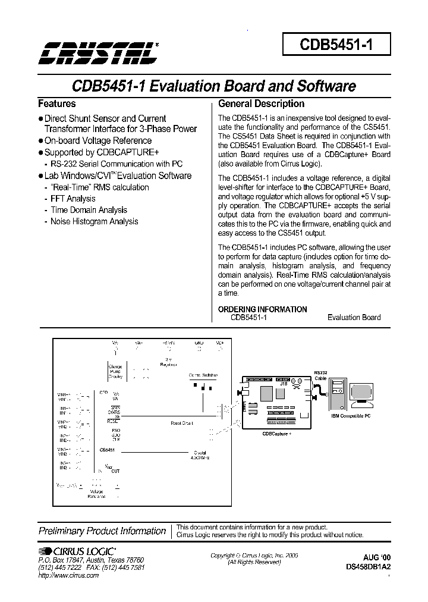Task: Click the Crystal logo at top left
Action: [x=99, y=52]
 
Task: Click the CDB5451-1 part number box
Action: [x=336, y=45]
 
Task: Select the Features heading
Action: [x=57, y=104]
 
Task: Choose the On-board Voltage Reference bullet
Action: [x=98, y=141]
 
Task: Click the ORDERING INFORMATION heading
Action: [x=262, y=309]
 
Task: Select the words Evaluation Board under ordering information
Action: [x=354, y=318]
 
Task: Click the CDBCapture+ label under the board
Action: [x=276, y=434]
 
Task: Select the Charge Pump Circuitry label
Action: [x=115, y=372]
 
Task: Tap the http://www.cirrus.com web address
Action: [x=68, y=575]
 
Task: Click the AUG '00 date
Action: [x=377, y=557]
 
